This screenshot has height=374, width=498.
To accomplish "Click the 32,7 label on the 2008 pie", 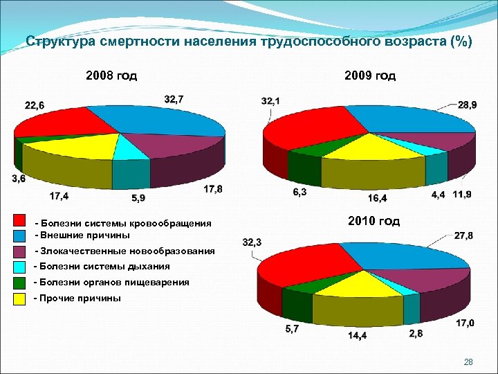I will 174,99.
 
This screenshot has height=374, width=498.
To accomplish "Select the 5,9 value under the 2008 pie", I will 138,197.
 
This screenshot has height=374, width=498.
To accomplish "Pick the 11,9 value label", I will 462,195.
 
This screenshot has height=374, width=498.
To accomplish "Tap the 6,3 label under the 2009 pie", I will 299,192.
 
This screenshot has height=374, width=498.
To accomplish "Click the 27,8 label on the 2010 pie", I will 464,235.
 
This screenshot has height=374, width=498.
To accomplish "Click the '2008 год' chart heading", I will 111,75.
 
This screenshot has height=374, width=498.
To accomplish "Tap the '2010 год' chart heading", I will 373,222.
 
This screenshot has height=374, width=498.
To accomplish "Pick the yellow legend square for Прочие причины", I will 20,299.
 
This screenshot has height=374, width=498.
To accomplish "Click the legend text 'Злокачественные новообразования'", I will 128,251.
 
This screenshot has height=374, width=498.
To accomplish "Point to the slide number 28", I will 468,362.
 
